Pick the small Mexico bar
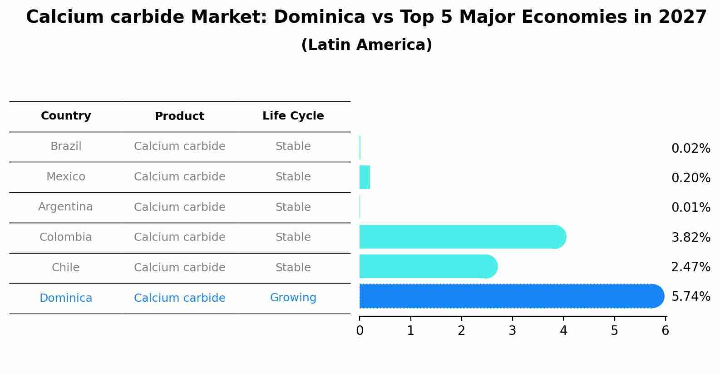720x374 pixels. [365, 177]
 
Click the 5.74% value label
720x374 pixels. [690, 297]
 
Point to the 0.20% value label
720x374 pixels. [690, 178]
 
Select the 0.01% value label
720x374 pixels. [690, 208]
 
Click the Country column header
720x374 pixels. [66, 116]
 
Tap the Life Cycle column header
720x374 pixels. [293, 116]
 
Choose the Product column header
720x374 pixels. [179, 116]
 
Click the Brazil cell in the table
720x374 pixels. [66, 146]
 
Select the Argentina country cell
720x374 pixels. [65, 207]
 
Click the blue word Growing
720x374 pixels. [293, 298]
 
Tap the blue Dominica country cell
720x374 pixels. [66, 298]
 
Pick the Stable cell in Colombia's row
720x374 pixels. [293, 237]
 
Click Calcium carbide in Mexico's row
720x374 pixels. [179, 177]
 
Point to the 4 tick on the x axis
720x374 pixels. [563, 330]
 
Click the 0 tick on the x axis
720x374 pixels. [360, 330]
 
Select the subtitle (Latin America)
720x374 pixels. [366, 45]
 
